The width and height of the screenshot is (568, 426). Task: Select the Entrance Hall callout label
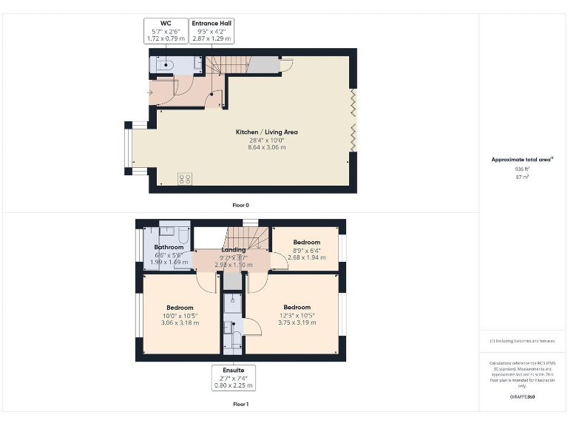point(212,32)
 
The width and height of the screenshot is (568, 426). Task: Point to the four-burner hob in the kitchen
point(185,179)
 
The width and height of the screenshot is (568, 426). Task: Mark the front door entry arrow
point(151,92)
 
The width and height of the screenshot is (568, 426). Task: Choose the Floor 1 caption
point(240,405)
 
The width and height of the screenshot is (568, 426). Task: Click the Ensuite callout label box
point(233,376)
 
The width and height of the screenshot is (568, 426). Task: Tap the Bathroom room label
point(168,246)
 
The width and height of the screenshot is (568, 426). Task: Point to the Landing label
point(233,249)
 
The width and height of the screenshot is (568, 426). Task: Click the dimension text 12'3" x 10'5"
point(297,316)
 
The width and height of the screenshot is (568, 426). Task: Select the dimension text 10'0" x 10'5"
point(180,317)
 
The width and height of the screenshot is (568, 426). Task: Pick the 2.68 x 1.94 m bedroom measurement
point(306,257)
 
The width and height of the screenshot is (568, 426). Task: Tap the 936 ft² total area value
point(523,169)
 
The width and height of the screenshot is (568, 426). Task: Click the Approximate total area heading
point(522,159)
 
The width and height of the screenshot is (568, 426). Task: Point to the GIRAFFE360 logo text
point(522,397)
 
